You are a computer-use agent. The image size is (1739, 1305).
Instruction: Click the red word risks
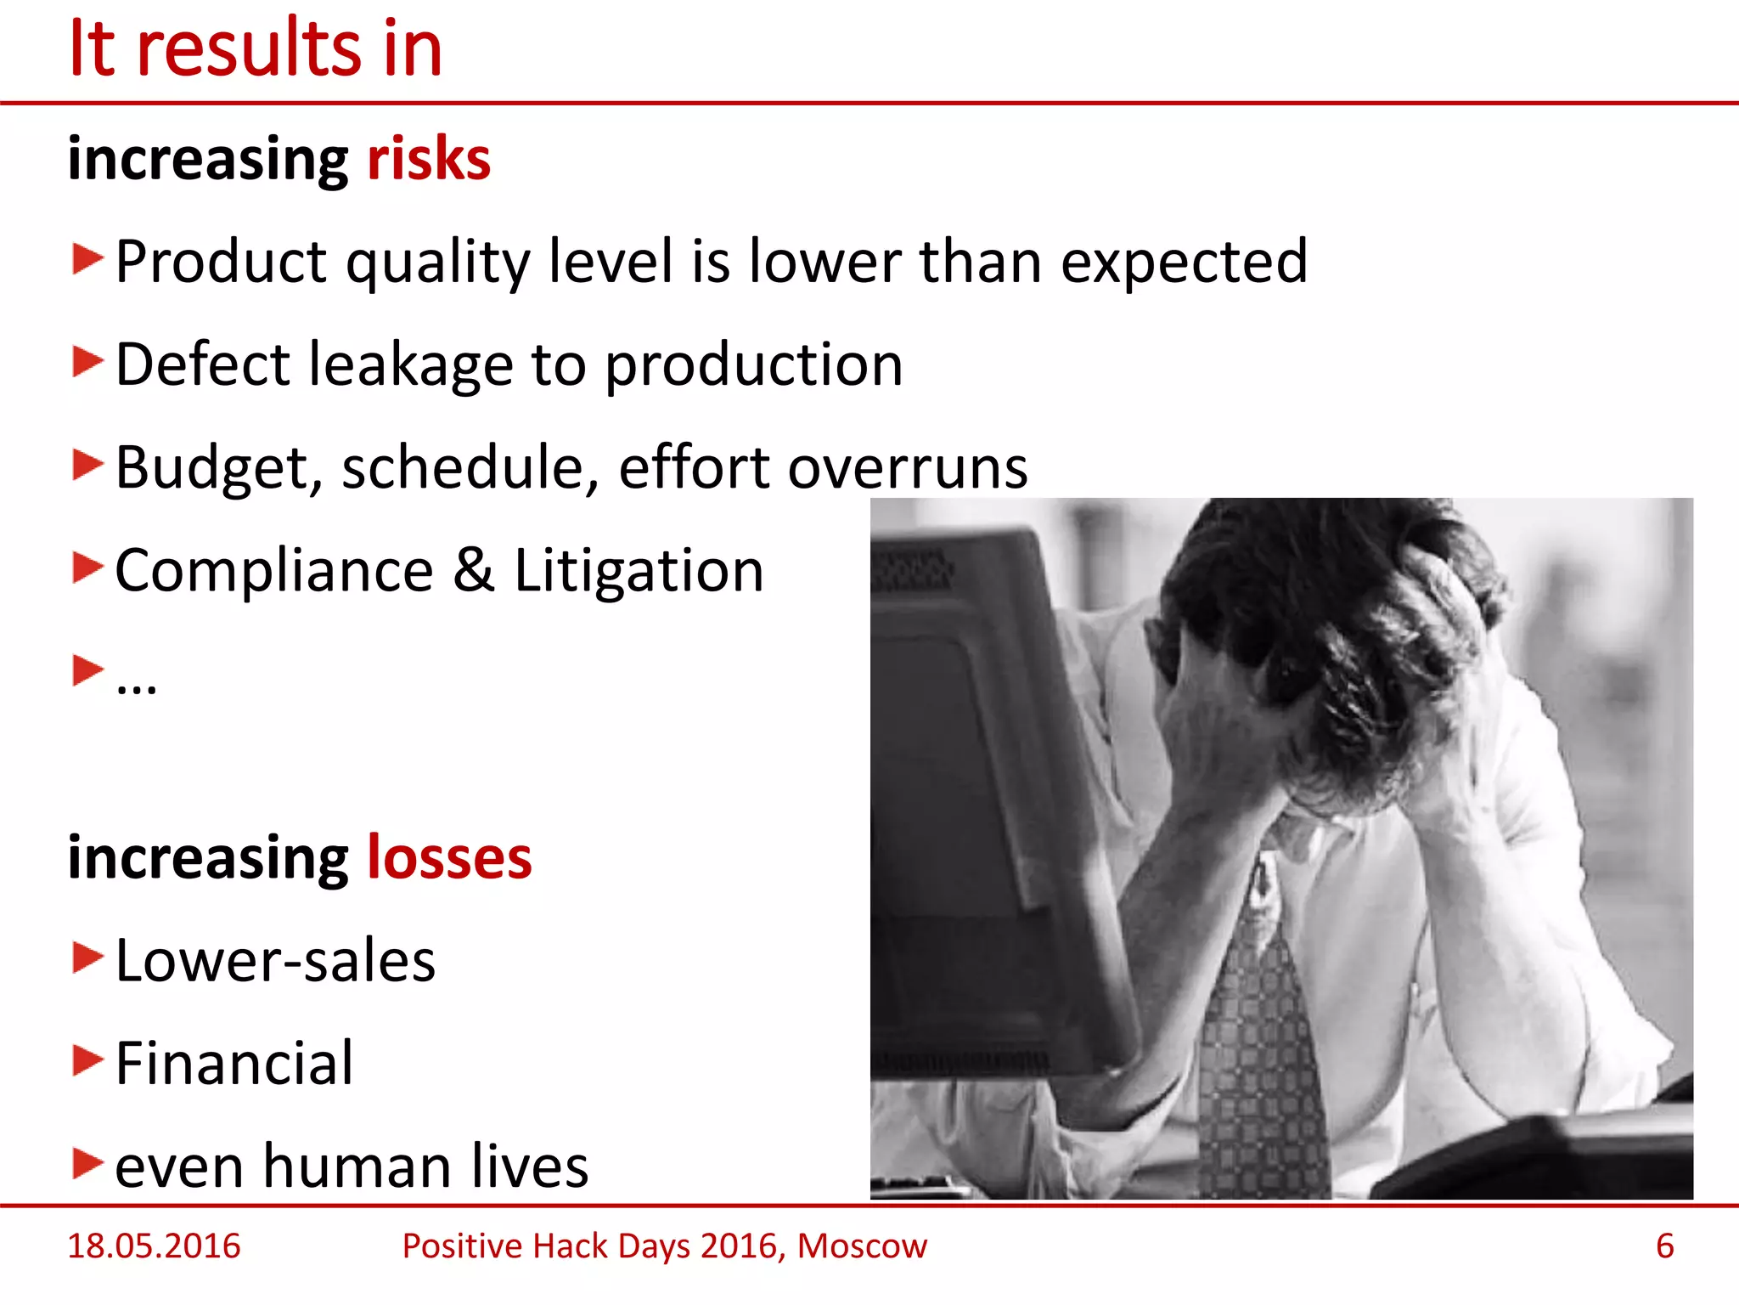tap(428, 159)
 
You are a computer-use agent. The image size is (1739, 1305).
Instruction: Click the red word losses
tap(448, 857)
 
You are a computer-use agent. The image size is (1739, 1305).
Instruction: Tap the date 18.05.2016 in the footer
tap(154, 1246)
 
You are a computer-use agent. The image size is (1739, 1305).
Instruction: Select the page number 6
tap(1664, 1246)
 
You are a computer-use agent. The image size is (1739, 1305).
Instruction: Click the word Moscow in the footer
tap(862, 1246)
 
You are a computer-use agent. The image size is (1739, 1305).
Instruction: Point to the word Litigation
tap(639, 570)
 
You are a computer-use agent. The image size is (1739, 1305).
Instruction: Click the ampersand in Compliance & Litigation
tap(473, 570)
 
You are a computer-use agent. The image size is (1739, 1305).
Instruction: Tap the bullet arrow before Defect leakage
tap(87, 362)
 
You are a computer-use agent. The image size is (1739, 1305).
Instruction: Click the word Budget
tap(218, 468)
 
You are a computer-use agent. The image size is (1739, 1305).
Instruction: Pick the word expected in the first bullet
tap(1184, 262)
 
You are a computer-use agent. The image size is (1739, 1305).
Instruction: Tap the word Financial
tap(234, 1064)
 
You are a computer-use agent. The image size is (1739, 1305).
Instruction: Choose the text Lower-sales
tap(275, 961)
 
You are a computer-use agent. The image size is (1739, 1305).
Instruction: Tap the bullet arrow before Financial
tap(87, 1060)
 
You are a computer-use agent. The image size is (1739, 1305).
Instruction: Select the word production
tap(753, 365)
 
